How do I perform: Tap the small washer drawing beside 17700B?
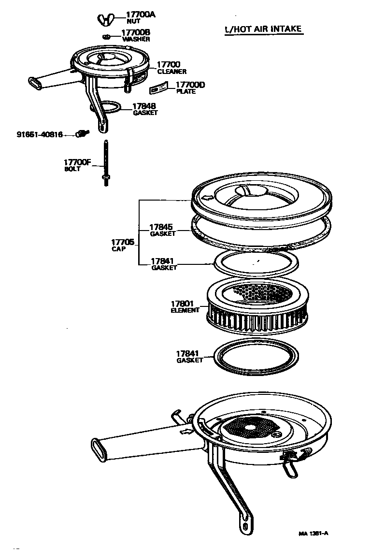[107, 37]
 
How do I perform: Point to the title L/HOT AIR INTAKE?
[263, 29]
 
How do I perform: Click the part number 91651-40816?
[40, 135]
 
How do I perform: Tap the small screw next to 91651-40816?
[83, 134]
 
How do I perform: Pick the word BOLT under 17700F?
[72, 169]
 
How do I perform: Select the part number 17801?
[182, 304]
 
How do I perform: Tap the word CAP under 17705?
[118, 249]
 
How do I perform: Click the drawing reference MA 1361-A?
[313, 533]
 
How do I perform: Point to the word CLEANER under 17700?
[171, 72]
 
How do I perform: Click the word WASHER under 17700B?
[136, 39]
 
